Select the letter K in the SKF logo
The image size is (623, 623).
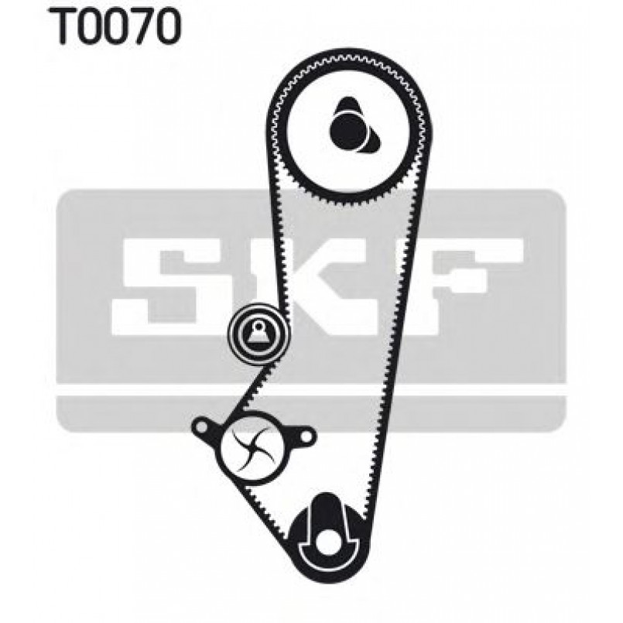310,279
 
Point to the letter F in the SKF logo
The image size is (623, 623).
472,279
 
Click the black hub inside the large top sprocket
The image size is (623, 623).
349,128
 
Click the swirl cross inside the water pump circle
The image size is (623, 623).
253,449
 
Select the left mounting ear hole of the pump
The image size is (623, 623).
204,426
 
